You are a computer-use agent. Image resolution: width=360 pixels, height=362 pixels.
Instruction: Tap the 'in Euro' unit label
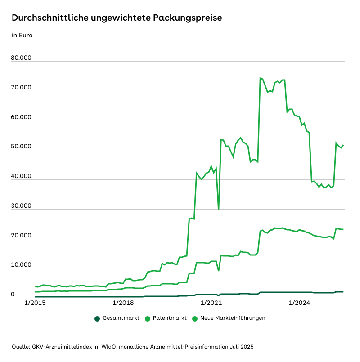(x=22, y=35)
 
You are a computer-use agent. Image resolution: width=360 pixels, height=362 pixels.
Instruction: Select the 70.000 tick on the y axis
(x=22, y=88)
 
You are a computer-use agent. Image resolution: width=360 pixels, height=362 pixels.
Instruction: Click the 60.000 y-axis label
(x=22, y=117)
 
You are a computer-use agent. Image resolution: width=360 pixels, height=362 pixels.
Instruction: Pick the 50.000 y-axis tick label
(x=22, y=147)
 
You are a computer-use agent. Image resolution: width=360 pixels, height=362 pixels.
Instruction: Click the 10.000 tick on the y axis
(x=22, y=265)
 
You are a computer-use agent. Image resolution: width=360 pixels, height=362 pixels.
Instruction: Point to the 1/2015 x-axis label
(x=35, y=303)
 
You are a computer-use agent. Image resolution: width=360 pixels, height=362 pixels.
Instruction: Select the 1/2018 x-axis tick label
(x=123, y=303)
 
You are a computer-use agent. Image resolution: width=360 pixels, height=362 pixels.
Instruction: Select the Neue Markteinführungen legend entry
(x=232, y=318)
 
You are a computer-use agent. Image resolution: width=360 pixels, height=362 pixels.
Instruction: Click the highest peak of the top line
(x=260, y=78)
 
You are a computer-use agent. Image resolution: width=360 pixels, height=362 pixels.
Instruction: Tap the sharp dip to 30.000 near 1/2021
(x=219, y=210)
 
